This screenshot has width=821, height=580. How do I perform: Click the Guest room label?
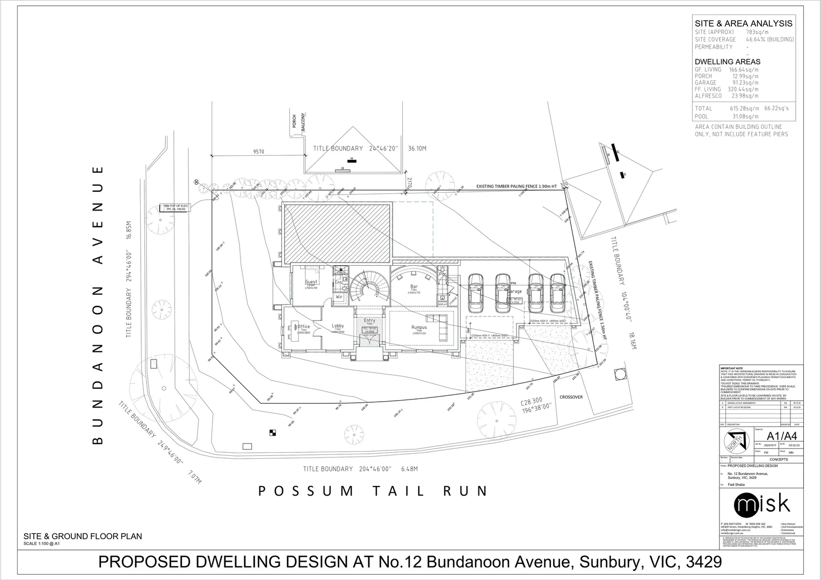pyautogui.click(x=311, y=282)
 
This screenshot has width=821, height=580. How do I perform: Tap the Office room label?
pyautogui.click(x=303, y=327)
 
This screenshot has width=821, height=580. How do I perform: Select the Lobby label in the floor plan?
pyautogui.click(x=338, y=326)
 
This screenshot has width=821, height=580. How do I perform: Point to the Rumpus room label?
pyautogui.click(x=419, y=327)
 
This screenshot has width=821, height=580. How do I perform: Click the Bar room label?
pyautogui.click(x=413, y=287)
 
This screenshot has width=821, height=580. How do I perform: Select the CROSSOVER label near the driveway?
pyautogui.click(x=571, y=397)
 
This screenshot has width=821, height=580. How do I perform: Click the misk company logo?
pyautogui.click(x=762, y=504)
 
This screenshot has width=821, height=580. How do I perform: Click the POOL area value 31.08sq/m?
pyautogui.click(x=744, y=117)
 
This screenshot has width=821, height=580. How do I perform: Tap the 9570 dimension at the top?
pyautogui.click(x=258, y=152)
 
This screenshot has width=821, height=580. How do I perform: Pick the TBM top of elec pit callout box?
pyautogui.click(x=175, y=208)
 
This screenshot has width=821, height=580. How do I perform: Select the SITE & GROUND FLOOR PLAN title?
pyautogui.click(x=82, y=536)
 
